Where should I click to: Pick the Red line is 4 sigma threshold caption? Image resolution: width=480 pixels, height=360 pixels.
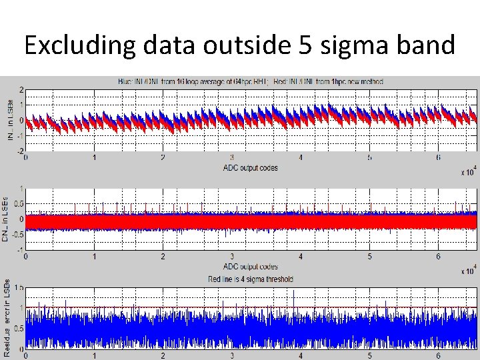tap(250, 279)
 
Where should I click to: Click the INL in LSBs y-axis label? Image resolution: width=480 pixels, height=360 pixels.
tap(10, 119)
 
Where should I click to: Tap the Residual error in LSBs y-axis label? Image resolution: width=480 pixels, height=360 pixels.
tap(6, 317)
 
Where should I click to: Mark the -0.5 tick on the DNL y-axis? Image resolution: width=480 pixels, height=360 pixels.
tap(17, 234)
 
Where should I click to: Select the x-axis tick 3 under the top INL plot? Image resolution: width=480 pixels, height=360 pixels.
tap(231, 158)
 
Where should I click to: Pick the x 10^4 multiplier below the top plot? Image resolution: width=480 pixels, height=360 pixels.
tap(468, 173)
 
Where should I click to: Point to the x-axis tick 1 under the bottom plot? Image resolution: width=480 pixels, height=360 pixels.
tap(94, 355)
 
